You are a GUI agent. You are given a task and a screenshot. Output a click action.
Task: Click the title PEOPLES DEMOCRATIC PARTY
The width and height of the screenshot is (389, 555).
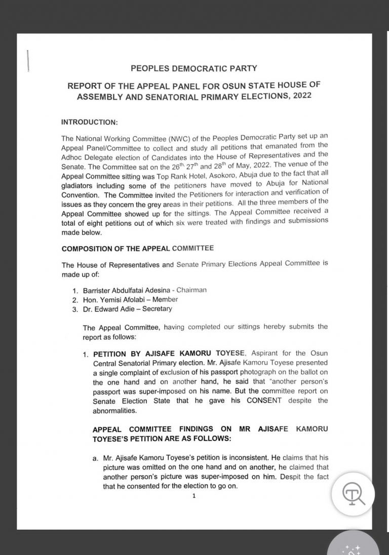[x=194, y=67]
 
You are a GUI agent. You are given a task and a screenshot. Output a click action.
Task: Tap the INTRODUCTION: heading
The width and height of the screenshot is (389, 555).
[x=89, y=122]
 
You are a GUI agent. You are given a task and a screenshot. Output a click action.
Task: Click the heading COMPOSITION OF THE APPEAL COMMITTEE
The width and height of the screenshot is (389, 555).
[x=137, y=248]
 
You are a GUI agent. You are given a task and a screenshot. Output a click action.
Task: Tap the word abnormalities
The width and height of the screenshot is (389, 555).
[x=116, y=410]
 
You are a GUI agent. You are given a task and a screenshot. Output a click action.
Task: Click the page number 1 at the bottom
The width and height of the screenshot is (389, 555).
[x=193, y=496]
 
